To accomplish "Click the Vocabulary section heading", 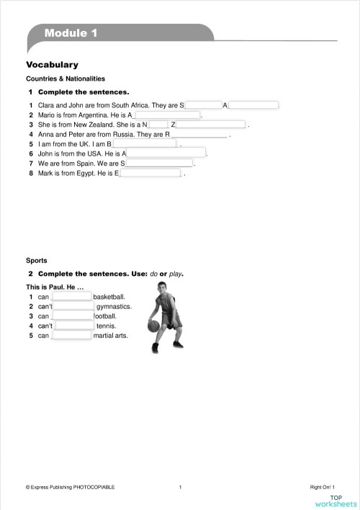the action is click(52, 65).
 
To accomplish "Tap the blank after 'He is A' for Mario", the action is click(167, 115).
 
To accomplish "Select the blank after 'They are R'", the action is click(198, 134).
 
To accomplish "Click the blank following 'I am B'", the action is click(145, 143).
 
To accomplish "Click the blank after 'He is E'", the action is click(150, 173).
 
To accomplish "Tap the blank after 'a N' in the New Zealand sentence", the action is click(158, 125).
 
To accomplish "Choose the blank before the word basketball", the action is click(71, 296).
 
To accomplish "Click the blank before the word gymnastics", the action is click(73, 306).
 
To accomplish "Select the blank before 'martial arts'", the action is click(71, 335).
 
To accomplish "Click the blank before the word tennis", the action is click(74, 326).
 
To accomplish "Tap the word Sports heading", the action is click(37, 260).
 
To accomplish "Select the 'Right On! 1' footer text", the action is click(323, 487).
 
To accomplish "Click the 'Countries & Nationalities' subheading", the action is click(66, 79).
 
